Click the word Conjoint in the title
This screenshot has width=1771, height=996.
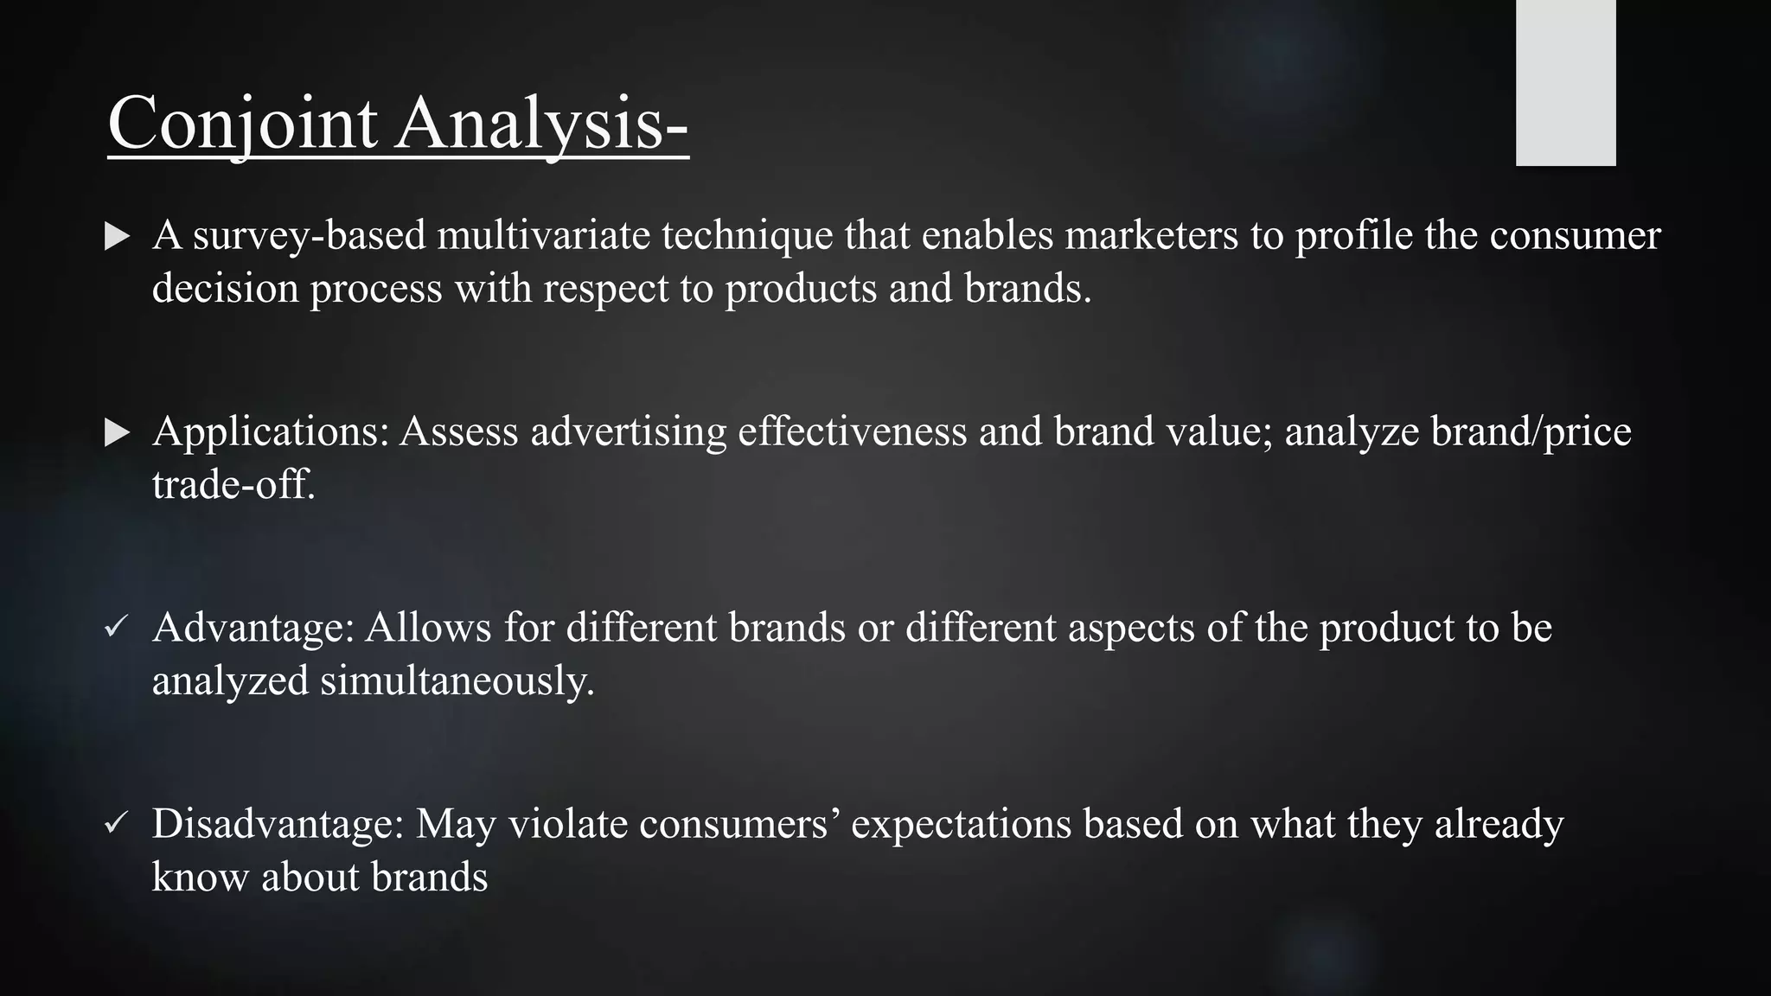(x=243, y=124)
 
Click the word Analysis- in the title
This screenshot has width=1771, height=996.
(x=542, y=124)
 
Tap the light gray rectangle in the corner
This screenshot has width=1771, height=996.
(x=1565, y=82)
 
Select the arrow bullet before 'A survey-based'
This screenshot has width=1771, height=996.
(x=117, y=236)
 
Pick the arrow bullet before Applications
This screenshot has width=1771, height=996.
(x=117, y=432)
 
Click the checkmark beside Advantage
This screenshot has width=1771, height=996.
(x=116, y=627)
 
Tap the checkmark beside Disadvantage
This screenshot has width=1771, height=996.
(x=116, y=823)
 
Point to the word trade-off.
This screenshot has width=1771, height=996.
(x=233, y=484)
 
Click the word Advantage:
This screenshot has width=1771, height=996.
(x=253, y=628)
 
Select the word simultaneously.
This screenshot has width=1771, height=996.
(x=457, y=680)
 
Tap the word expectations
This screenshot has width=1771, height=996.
(x=961, y=824)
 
